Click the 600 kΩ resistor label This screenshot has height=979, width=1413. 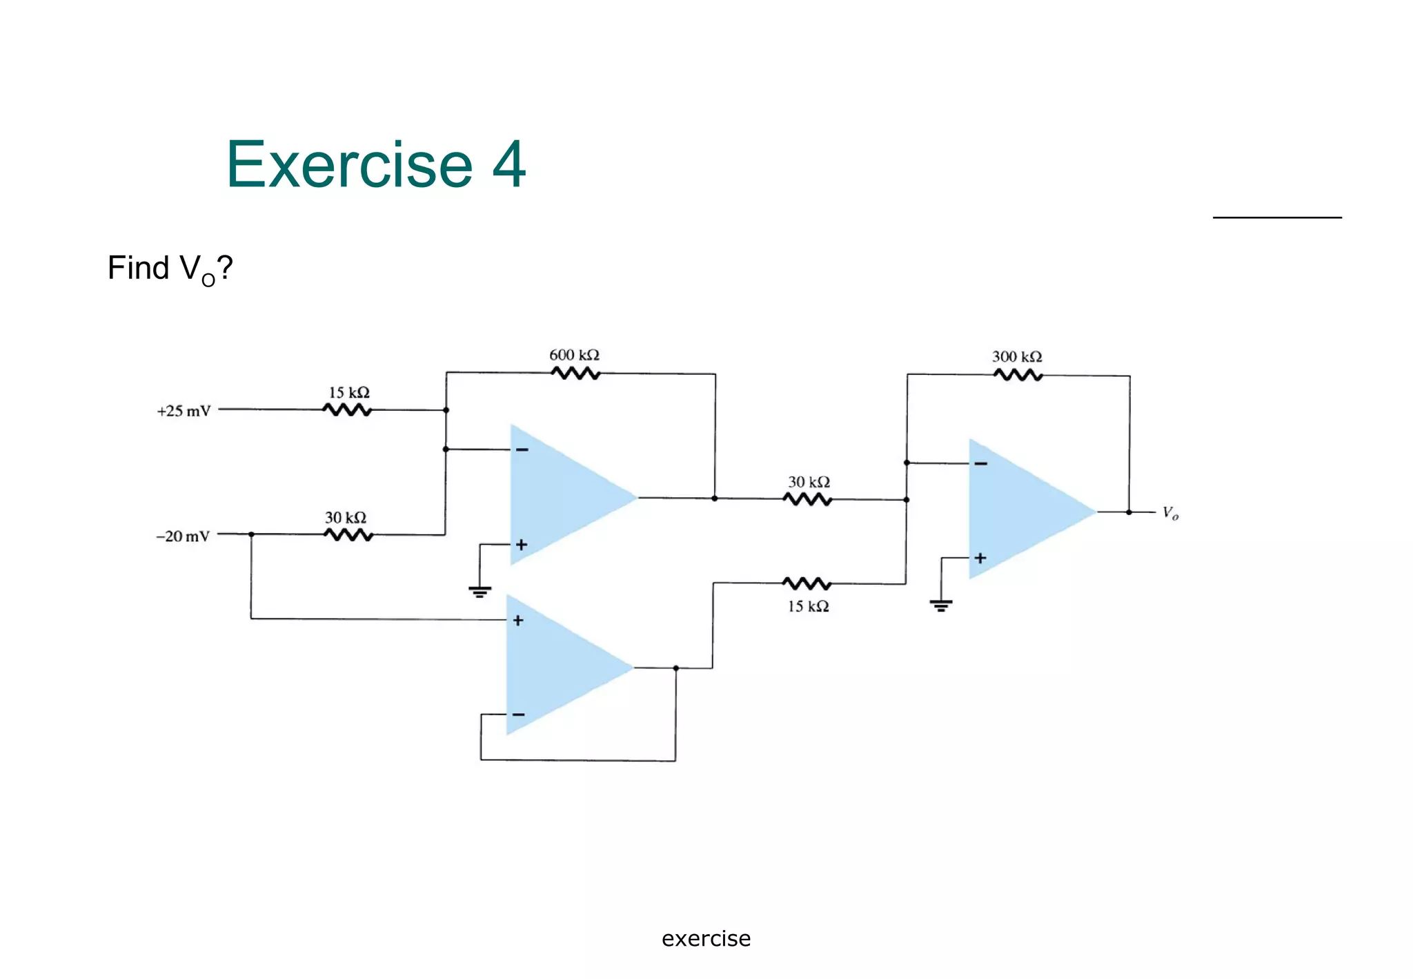[x=574, y=355]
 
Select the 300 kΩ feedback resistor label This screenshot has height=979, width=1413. [x=1017, y=357]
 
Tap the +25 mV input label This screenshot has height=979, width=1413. [x=184, y=411]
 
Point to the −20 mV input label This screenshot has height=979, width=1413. [x=183, y=536]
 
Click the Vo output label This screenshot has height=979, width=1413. [x=1170, y=513]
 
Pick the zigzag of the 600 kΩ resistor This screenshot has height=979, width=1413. [x=575, y=374]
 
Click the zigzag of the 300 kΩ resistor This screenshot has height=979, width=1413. [x=1018, y=375]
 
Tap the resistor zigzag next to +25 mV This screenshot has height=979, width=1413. [x=347, y=410]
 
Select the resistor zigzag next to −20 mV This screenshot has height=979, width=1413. [x=348, y=535]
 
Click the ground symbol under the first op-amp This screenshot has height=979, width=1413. [x=480, y=591]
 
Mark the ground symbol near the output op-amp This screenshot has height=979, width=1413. [x=940, y=605]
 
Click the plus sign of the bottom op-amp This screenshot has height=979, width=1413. [x=518, y=620]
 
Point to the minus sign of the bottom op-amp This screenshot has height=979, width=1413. [x=519, y=715]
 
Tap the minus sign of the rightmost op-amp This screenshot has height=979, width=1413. [x=980, y=463]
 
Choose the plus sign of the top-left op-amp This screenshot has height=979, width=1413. [x=522, y=545]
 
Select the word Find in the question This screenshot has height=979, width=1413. [x=138, y=268]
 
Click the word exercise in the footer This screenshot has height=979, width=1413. [x=706, y=939]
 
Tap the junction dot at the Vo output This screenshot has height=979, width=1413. [x=1129, y=512]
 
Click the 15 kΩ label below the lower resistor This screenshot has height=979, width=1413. [x=808, y=606]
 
